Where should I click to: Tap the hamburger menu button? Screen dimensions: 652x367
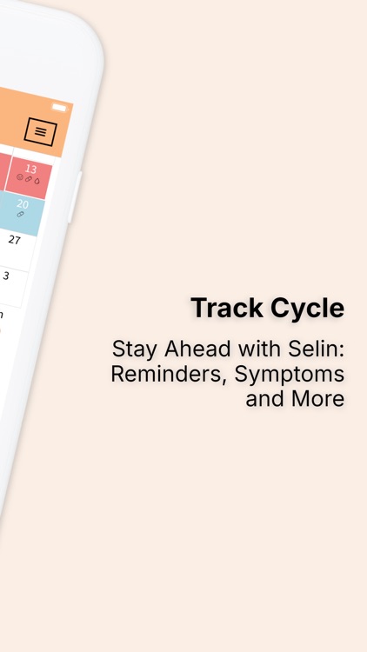[40, 131]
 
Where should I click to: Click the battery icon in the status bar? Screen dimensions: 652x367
[59, 107]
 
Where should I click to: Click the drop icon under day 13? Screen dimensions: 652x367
[37, 180]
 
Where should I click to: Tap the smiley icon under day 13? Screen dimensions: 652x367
[20, 176]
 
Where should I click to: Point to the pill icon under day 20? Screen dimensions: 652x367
[20, 214]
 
